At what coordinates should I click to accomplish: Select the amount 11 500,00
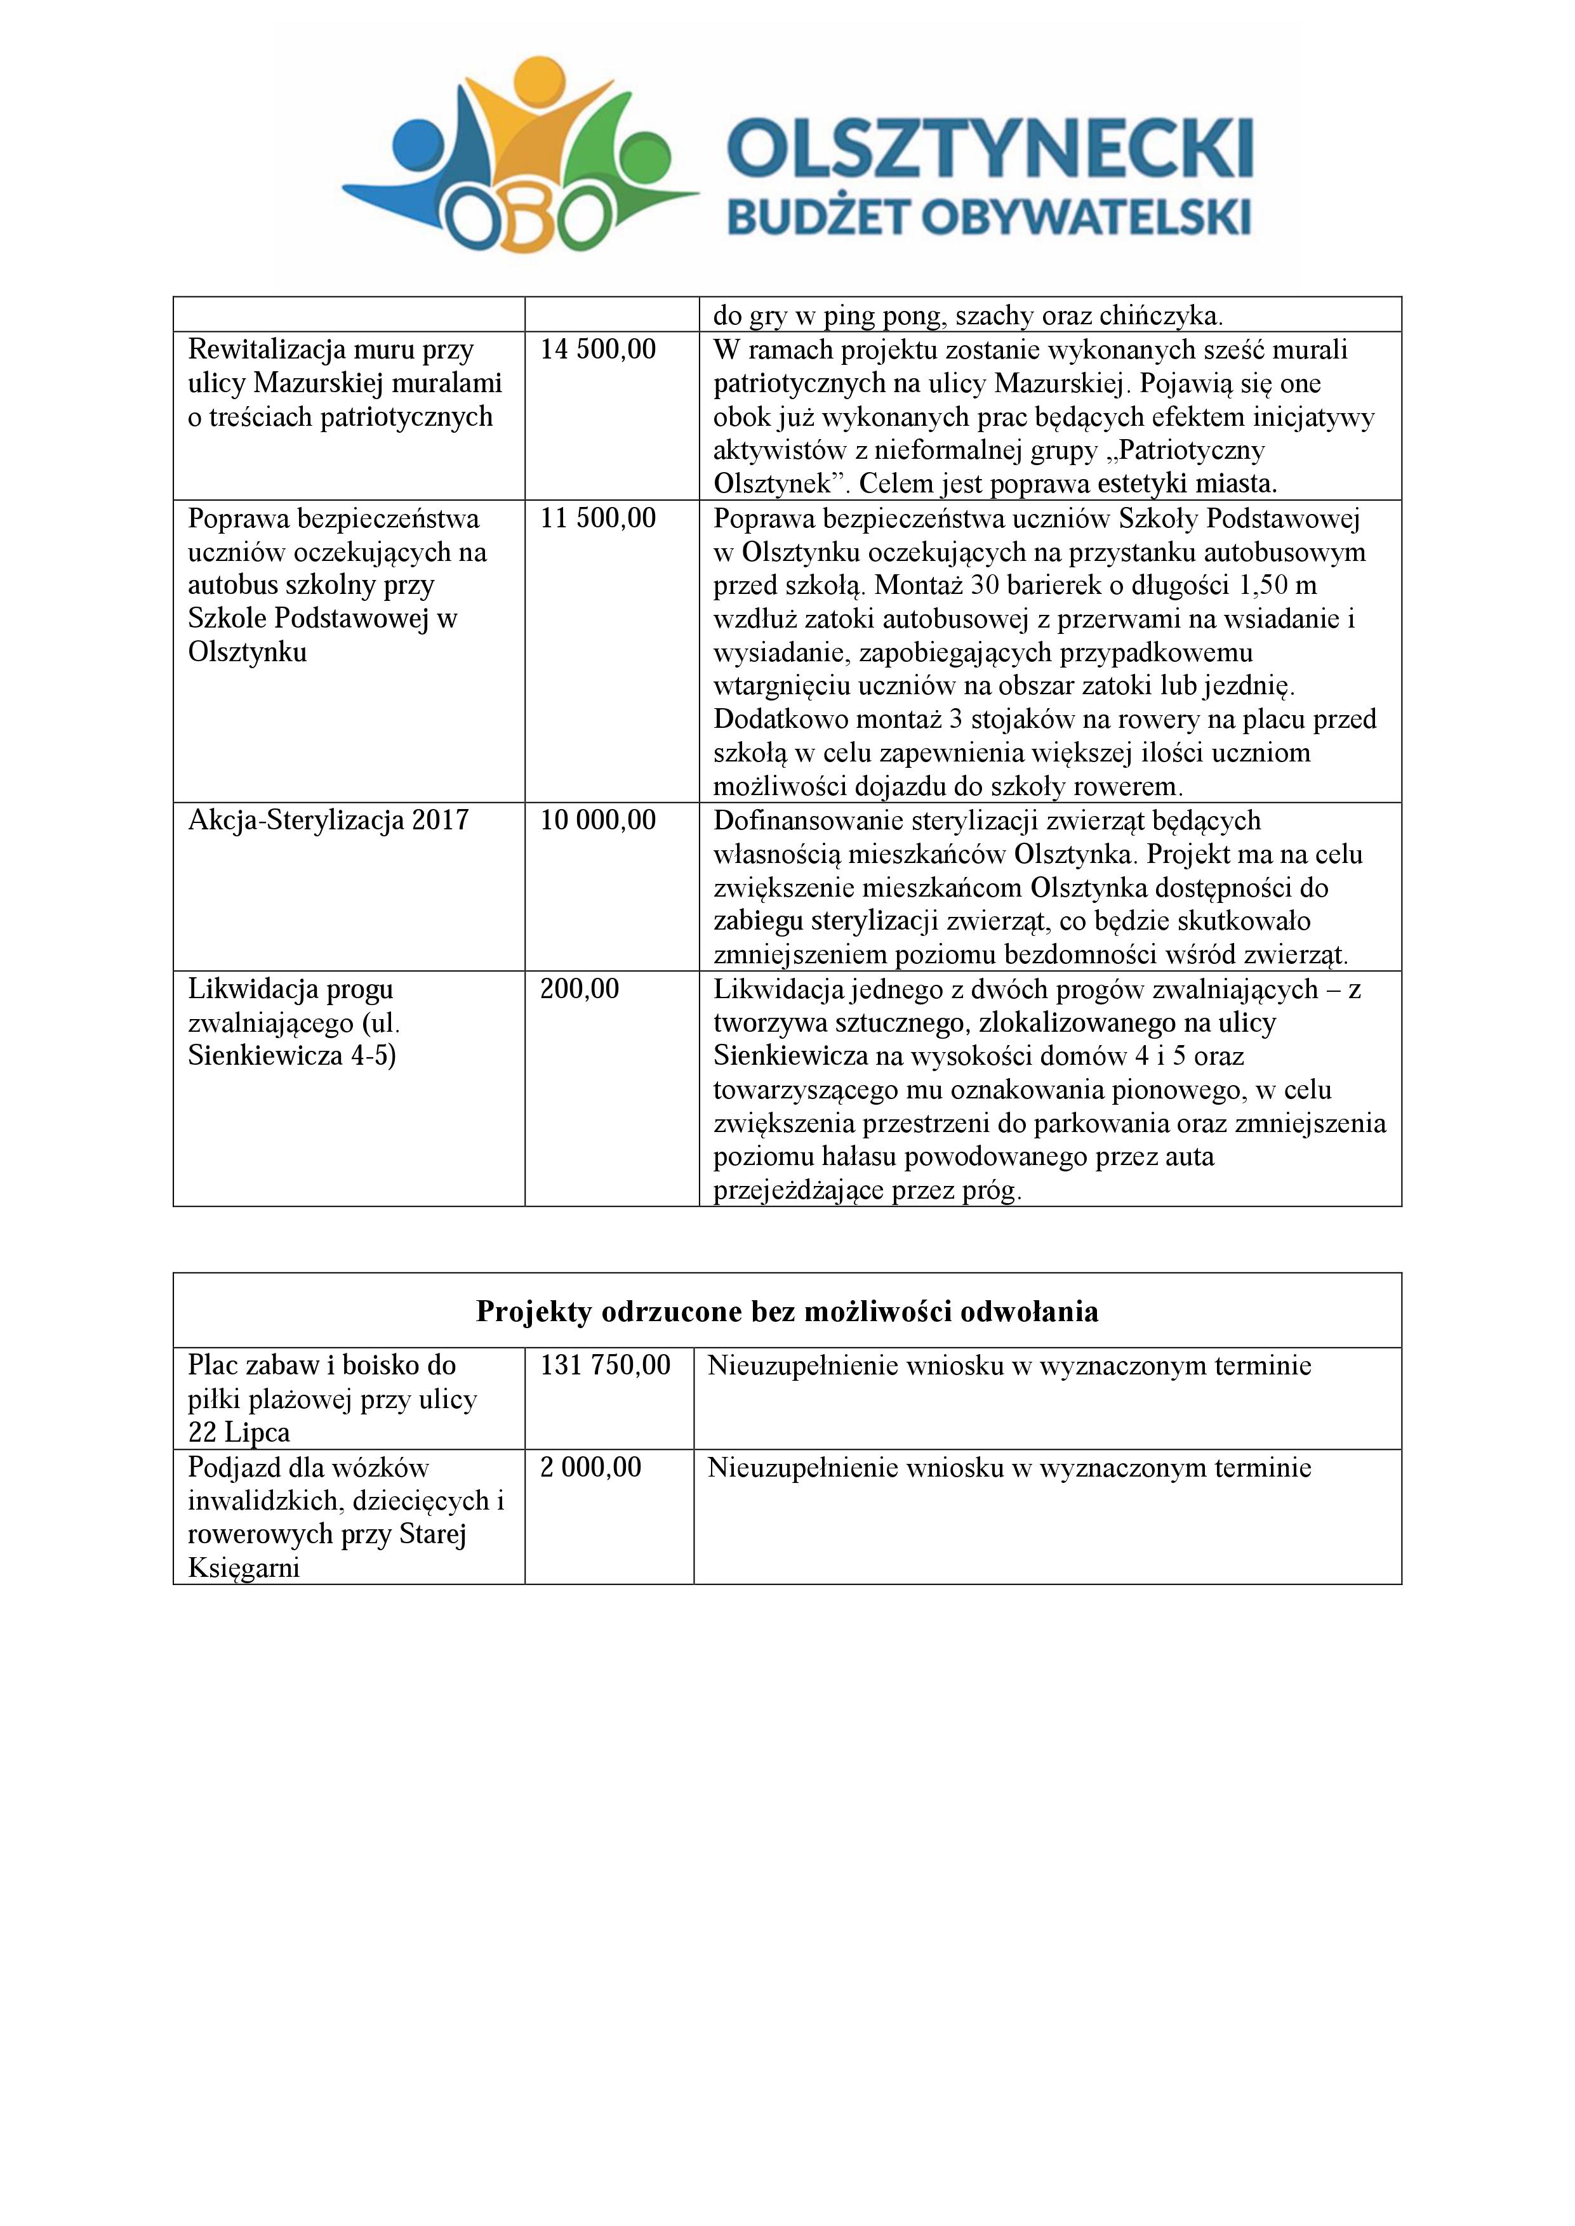click(x=599, y=518)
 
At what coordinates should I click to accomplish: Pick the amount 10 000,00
click(x=599, y=821)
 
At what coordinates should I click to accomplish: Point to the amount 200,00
click(x=580, y=990)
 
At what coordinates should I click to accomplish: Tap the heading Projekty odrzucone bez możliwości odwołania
click(x=787, y=1312)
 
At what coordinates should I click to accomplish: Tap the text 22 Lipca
click(x=239, y=1433)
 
